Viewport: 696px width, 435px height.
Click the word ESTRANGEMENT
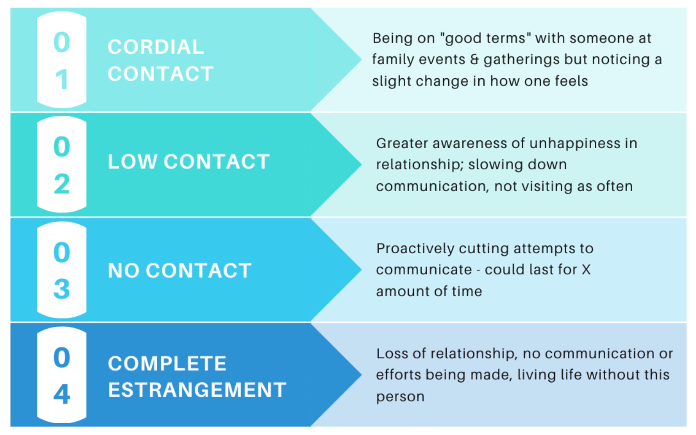(197, 390)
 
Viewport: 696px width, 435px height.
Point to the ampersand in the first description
(474, 59)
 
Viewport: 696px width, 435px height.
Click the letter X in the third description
(586, 270)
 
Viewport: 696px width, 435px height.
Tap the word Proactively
(415, 249)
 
